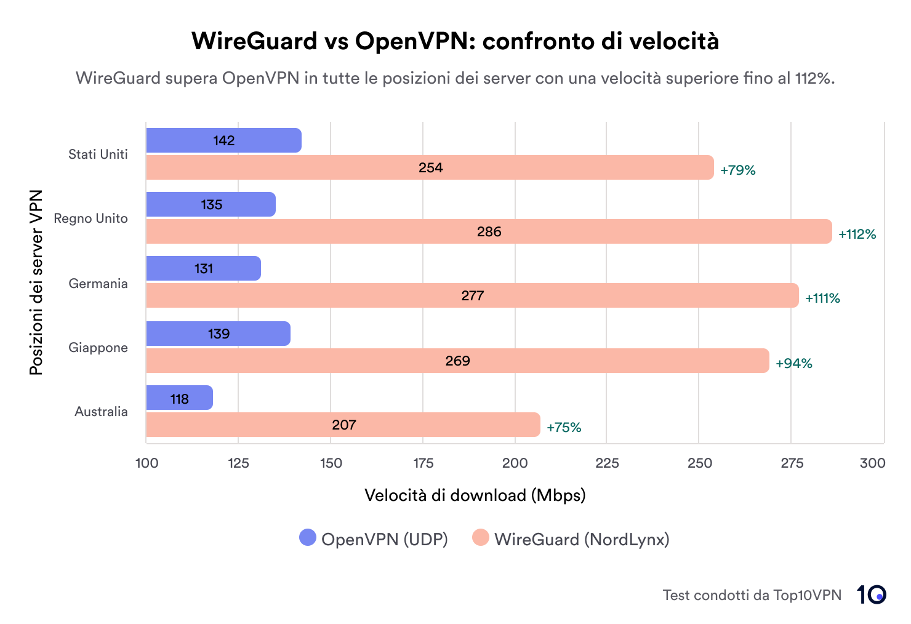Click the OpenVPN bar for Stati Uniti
coord(223,140)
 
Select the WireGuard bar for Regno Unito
coord(489,231)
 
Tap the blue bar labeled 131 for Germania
coord(203,268)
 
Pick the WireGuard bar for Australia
coord(343,425)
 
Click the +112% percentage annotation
coord(857,234)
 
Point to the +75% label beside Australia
coord(564,427)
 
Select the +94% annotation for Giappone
coord(793,363)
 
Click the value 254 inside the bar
coord(430,167)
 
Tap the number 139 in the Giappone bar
coord(219,334)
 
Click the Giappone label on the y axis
coord(98,347)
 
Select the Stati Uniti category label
coord(98,154)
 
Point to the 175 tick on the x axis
coord(423,463)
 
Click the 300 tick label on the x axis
coord(872,463)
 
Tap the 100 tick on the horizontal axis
coord(146,463)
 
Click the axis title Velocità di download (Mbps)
coord(475,495)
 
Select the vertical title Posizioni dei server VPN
coord(36,282)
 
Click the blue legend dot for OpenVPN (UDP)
coord(307,537)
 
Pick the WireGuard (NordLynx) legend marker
coord(481,537)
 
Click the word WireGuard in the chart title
coord(254,41)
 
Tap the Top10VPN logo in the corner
coord(871,594)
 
